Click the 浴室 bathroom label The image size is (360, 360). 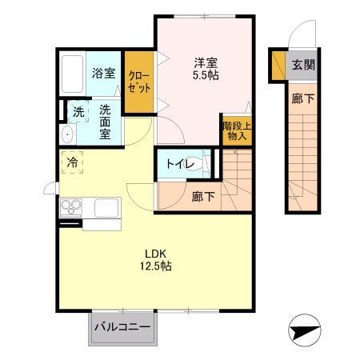click(x=102, y=73)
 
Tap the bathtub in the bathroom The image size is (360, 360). click(x=74, y=74)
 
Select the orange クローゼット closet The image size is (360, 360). click(x=138, y=82)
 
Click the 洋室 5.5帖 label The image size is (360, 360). click(x=205, y=67)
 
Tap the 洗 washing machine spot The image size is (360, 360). click(x=78, y=113)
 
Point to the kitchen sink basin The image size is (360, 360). click(x=106, y=208)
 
